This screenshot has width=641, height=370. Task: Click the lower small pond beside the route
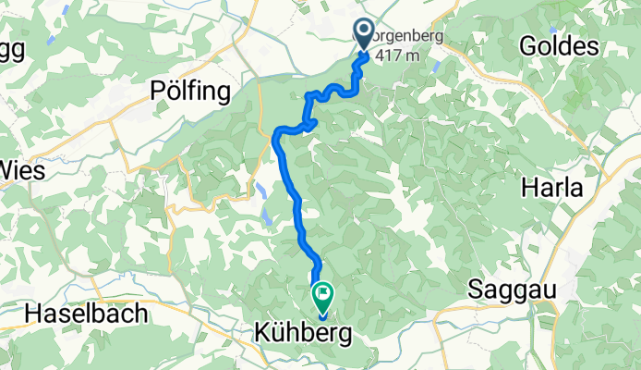[266, 217]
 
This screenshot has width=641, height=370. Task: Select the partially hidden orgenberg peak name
[406, 37]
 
